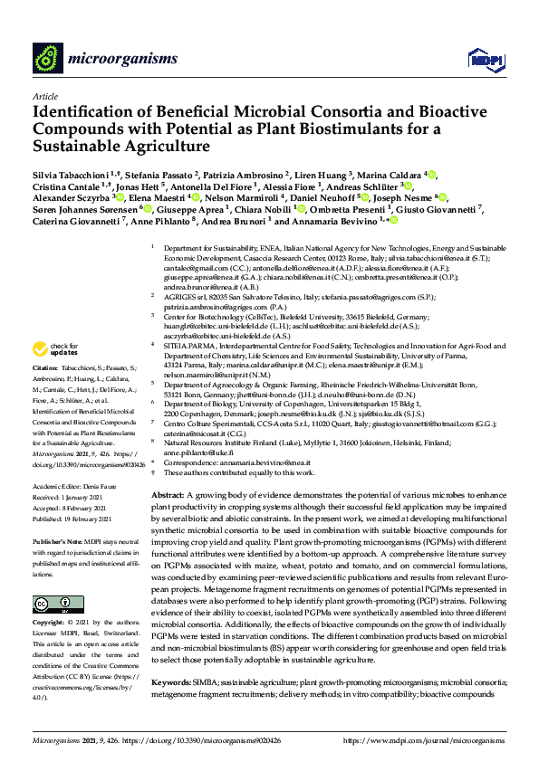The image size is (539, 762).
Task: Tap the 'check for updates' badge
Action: point(55,350)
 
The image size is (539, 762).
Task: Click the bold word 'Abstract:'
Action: point(168,497)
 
